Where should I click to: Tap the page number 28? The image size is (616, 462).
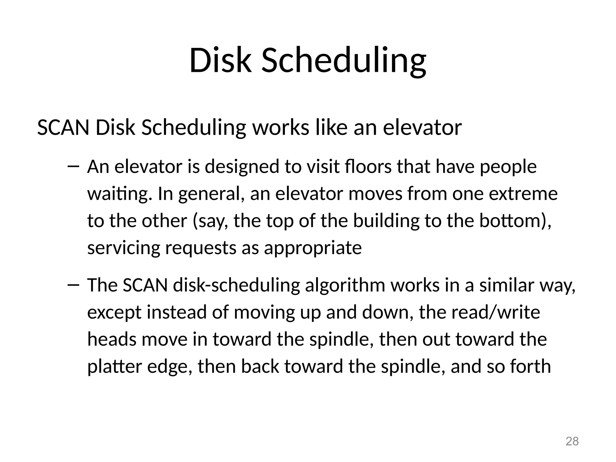(x=572, y=441)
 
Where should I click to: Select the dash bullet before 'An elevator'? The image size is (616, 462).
(x=73, y=166)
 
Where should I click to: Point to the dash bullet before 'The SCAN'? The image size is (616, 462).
(x=73, y=285)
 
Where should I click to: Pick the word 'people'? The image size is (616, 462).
(x=508, y=167)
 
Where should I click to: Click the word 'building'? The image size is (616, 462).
(x=386, y=221)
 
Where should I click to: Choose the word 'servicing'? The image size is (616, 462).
(x=124, y=248)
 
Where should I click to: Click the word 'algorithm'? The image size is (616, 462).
(x=345, y=285)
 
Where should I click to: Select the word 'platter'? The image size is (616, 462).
(x=114, y=367)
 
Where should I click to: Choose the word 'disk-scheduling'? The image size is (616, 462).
(x=236, y=285)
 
